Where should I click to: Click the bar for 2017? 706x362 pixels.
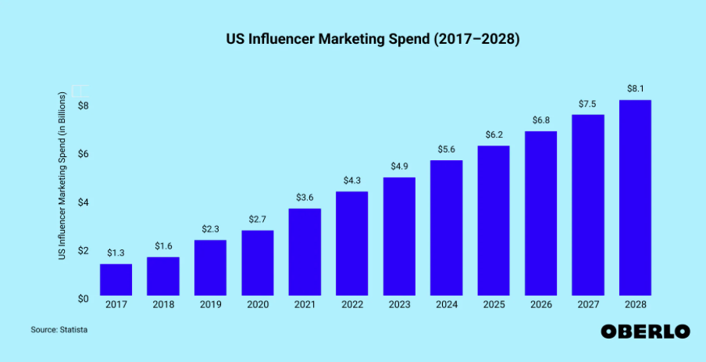116,280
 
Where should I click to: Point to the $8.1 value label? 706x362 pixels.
635,88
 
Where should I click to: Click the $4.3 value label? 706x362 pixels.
352,180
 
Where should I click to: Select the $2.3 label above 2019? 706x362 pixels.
210,228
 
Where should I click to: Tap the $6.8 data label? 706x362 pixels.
540,120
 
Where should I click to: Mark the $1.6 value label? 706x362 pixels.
163,246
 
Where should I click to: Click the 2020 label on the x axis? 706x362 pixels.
258,305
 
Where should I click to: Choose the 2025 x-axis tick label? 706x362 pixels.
494,305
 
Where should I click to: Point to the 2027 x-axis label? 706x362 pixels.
587,305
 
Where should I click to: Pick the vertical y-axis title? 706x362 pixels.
62,187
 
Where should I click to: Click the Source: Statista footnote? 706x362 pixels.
59,330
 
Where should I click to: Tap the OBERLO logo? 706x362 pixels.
645,331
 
